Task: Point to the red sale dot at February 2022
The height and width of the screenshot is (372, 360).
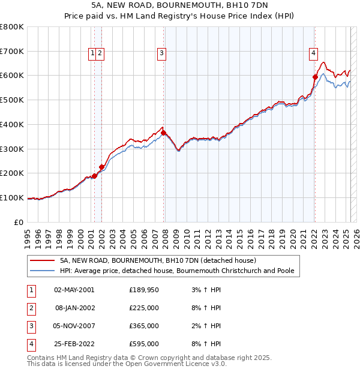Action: pos(315,76)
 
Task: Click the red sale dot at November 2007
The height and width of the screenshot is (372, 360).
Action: pos(164,133)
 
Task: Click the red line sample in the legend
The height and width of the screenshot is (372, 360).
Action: pos(42,261)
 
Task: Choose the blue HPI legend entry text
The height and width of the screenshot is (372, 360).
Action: pos(177,271)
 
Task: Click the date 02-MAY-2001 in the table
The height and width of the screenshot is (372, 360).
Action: pos(74,290)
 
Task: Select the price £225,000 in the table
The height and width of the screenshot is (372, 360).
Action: pos(144,308)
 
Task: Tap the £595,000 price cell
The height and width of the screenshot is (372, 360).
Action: pos(144,344)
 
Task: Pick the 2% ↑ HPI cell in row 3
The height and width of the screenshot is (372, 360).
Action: pos(205,326)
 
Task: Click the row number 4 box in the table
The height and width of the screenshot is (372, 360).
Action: pos(31,344)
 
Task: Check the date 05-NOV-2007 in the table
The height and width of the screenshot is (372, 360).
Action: pos(74,326)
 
